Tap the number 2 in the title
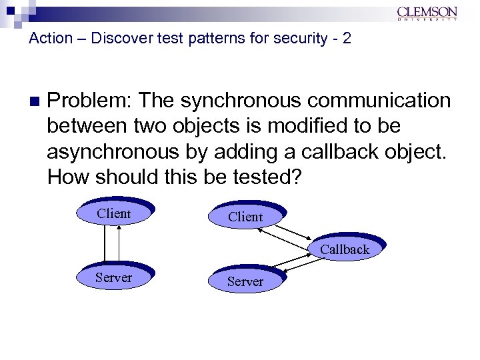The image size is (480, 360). point(345,38)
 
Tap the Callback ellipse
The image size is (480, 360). point(345,249)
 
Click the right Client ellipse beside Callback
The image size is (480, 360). point(245,217)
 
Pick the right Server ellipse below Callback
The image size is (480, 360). point(245,281)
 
